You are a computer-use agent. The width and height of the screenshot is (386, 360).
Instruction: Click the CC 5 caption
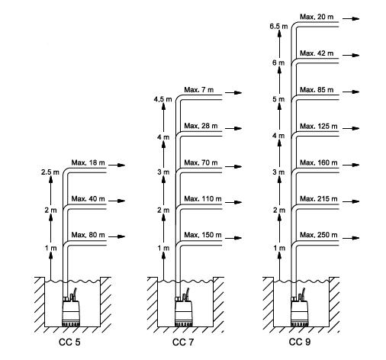tap(69, 342)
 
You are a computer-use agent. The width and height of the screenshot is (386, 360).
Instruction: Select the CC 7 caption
tap(182, 342)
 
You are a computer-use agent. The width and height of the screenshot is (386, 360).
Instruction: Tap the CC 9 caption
tap(300, 342)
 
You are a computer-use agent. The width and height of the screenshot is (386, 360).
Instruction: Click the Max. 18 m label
tap(88, 162)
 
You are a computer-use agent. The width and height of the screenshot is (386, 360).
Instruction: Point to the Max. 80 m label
tap(88, 235)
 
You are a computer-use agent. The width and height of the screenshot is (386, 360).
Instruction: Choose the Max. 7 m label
tap(199, 90)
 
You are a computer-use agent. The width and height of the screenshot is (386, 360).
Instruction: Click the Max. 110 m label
tap(203, 198)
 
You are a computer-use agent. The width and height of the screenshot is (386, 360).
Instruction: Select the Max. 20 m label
tap(317, 17)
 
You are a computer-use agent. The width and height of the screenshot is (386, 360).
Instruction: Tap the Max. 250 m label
tap(319, 235)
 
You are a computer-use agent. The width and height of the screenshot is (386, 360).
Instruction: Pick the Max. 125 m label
tap(319, 126)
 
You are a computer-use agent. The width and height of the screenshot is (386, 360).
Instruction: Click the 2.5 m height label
tap(50, 172)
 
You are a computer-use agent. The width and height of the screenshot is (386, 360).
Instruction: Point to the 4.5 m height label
tap(162, 99)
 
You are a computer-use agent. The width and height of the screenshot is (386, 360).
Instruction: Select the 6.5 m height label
tap(278, 26)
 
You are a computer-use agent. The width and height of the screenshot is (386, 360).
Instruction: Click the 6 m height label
tap(278, 63)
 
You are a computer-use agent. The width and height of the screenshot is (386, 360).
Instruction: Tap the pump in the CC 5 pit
tap(70, 311)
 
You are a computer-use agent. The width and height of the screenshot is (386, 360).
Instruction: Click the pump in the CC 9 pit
tap(299, 311)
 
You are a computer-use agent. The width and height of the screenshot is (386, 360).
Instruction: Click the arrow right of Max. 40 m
tap(117, 201)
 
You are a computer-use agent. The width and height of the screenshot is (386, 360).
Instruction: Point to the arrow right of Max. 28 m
tap(233, 128)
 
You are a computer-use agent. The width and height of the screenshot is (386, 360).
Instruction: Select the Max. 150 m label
tap(203, 235)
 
